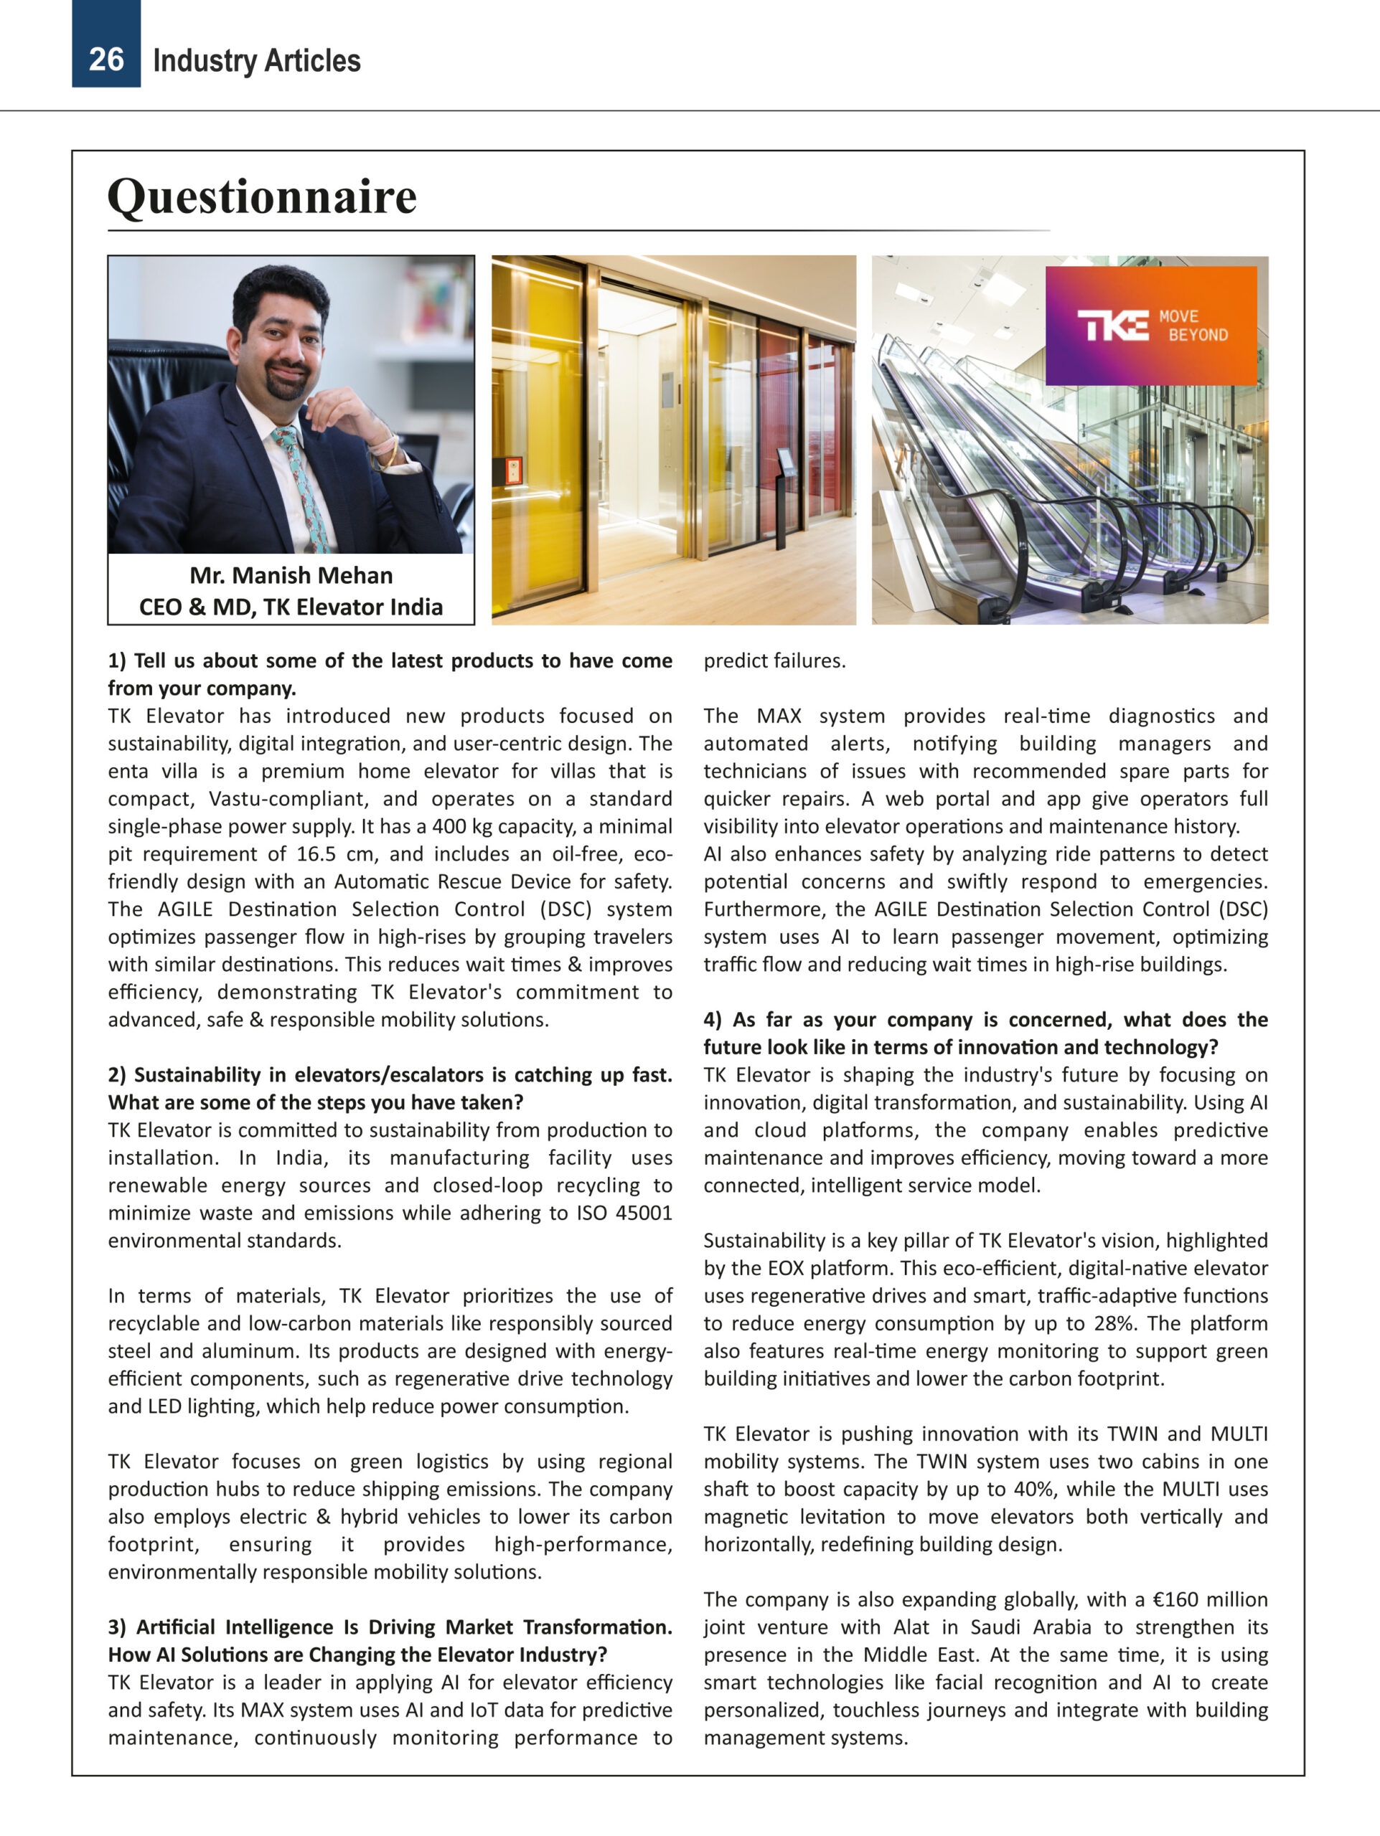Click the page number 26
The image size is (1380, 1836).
105,60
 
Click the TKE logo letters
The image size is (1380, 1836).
1112,326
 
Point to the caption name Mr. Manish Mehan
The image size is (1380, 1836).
291,575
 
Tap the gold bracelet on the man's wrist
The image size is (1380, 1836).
390,453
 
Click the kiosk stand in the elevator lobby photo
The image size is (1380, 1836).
783,498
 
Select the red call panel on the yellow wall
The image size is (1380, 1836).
512,470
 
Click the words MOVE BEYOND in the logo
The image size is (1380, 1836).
1193,326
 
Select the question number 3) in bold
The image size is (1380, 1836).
117,1627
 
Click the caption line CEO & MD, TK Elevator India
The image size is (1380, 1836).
291,607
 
